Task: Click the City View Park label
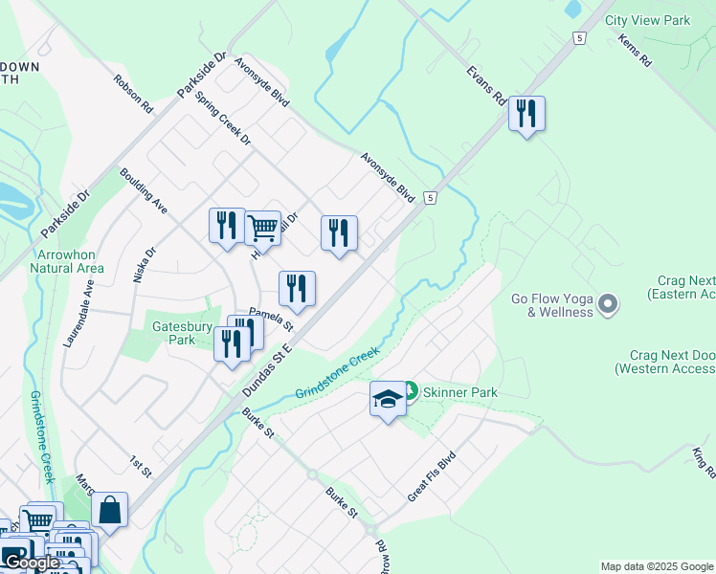tap(647, 20)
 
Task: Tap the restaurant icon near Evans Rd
tap(526, 114)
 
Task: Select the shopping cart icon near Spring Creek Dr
tap(262, 229)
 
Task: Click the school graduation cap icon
tap(388, 399)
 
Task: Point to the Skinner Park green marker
tap(410, 390)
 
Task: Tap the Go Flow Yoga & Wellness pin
tap(607, 305)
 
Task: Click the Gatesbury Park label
tap(181, 333)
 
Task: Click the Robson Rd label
tap(133, 95)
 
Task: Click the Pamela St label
tap(271, 318)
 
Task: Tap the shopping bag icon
tap(110, 510)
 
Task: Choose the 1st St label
tap(141, 466)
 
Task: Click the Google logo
tap(32, 563)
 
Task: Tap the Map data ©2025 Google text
tap(657, 566)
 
